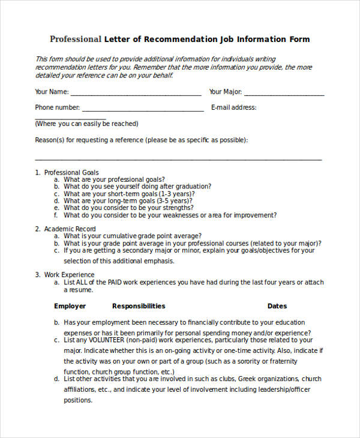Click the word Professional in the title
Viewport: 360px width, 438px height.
[76, 40]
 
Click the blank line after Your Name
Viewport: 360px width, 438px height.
[136, 95]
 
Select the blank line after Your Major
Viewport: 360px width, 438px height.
[284, 95]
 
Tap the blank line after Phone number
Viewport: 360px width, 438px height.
[143, 110]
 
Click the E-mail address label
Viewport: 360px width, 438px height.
[233, 108]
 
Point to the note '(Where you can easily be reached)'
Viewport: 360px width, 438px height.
[86, 124]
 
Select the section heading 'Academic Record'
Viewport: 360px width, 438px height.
[70, 229]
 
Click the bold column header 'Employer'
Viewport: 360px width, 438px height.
[70, 306]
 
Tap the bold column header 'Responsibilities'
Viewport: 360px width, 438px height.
[139, 306]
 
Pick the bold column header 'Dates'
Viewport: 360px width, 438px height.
[277, 306]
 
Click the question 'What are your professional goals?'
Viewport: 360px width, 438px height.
[114, 179]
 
